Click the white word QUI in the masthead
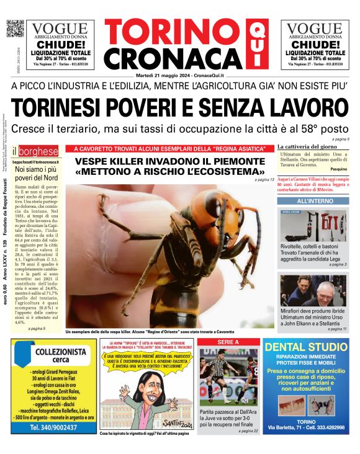[254, 43]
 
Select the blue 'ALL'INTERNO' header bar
[311, 202]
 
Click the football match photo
[228, 376]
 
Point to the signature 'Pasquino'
[339, 169]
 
